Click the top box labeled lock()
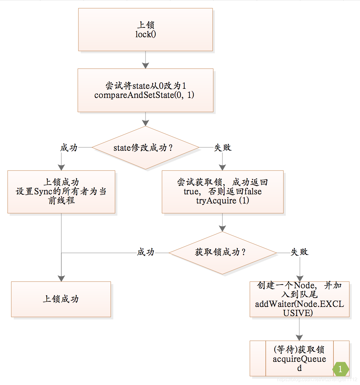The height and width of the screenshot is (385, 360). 146,30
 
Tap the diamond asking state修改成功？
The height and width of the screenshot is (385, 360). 146,148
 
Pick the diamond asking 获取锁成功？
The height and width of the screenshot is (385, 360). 222,253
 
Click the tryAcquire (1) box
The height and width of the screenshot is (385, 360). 222,192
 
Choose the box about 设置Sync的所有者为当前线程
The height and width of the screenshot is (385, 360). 61,192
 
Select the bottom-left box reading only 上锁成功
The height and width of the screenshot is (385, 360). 61,299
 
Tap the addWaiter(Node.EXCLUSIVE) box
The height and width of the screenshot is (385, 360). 299,299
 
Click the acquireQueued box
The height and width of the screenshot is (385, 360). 299,358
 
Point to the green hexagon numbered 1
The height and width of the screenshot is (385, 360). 340,369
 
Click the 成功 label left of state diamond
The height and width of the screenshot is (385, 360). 69,148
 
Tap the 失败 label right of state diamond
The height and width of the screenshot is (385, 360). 223,148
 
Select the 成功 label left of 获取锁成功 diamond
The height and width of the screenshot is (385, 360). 146,252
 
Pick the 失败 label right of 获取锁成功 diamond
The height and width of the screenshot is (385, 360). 299,252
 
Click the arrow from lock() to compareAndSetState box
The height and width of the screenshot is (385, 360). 146,60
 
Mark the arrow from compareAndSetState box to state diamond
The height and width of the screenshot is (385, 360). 146,119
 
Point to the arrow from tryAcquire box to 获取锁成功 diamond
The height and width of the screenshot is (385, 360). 222,223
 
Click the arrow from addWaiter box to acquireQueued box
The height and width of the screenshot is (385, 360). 299,329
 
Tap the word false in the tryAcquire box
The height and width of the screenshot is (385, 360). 253,192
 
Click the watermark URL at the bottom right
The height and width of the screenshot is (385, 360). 317,379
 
